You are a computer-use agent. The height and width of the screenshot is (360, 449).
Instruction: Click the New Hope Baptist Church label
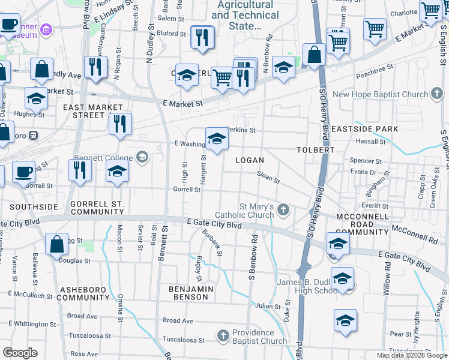point(380,94)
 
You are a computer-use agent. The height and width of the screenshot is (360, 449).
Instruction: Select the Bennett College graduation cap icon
point(142,158)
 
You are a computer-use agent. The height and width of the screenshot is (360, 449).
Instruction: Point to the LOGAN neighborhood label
point(249,160)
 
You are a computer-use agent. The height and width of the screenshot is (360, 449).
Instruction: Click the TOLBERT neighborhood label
point(315,149)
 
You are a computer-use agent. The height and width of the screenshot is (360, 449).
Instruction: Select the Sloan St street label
point(268,177)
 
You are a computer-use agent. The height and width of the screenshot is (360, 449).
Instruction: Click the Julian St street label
point(268,306)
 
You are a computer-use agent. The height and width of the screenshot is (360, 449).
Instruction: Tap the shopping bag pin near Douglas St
point(56,245)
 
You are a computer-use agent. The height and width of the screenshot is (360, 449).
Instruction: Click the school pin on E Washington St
point(217,140)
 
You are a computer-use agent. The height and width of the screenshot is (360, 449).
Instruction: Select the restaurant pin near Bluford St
point(202,38)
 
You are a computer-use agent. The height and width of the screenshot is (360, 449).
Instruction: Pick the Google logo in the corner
point(20,353)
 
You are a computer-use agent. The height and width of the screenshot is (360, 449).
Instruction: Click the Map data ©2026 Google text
point(411,355)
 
